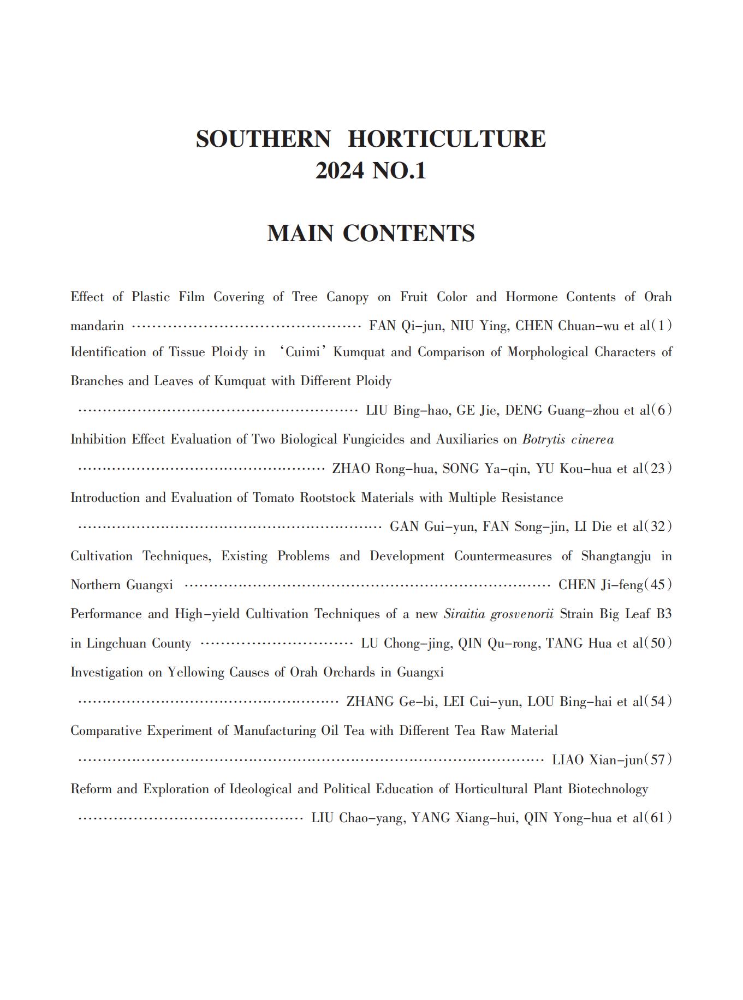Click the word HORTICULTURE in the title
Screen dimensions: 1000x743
pyautogui.click(x=447, y=139)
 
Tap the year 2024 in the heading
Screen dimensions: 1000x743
pyautogui.click(x=339, y=171)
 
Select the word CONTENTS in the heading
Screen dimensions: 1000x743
pyautogui.click(x=408, y=233)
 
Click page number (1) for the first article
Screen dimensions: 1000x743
pyautogui.click(x=662, y=326)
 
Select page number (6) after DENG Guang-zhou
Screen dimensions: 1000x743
pyautogui.click(x=662, y=410)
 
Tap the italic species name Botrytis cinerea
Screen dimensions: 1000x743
pyautogui.click(x=568, y=439)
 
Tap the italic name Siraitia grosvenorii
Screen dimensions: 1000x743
pyautogui.click(x=498, y=614)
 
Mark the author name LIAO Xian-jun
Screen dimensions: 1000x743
pyautogui.click(x=597, y=760)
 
